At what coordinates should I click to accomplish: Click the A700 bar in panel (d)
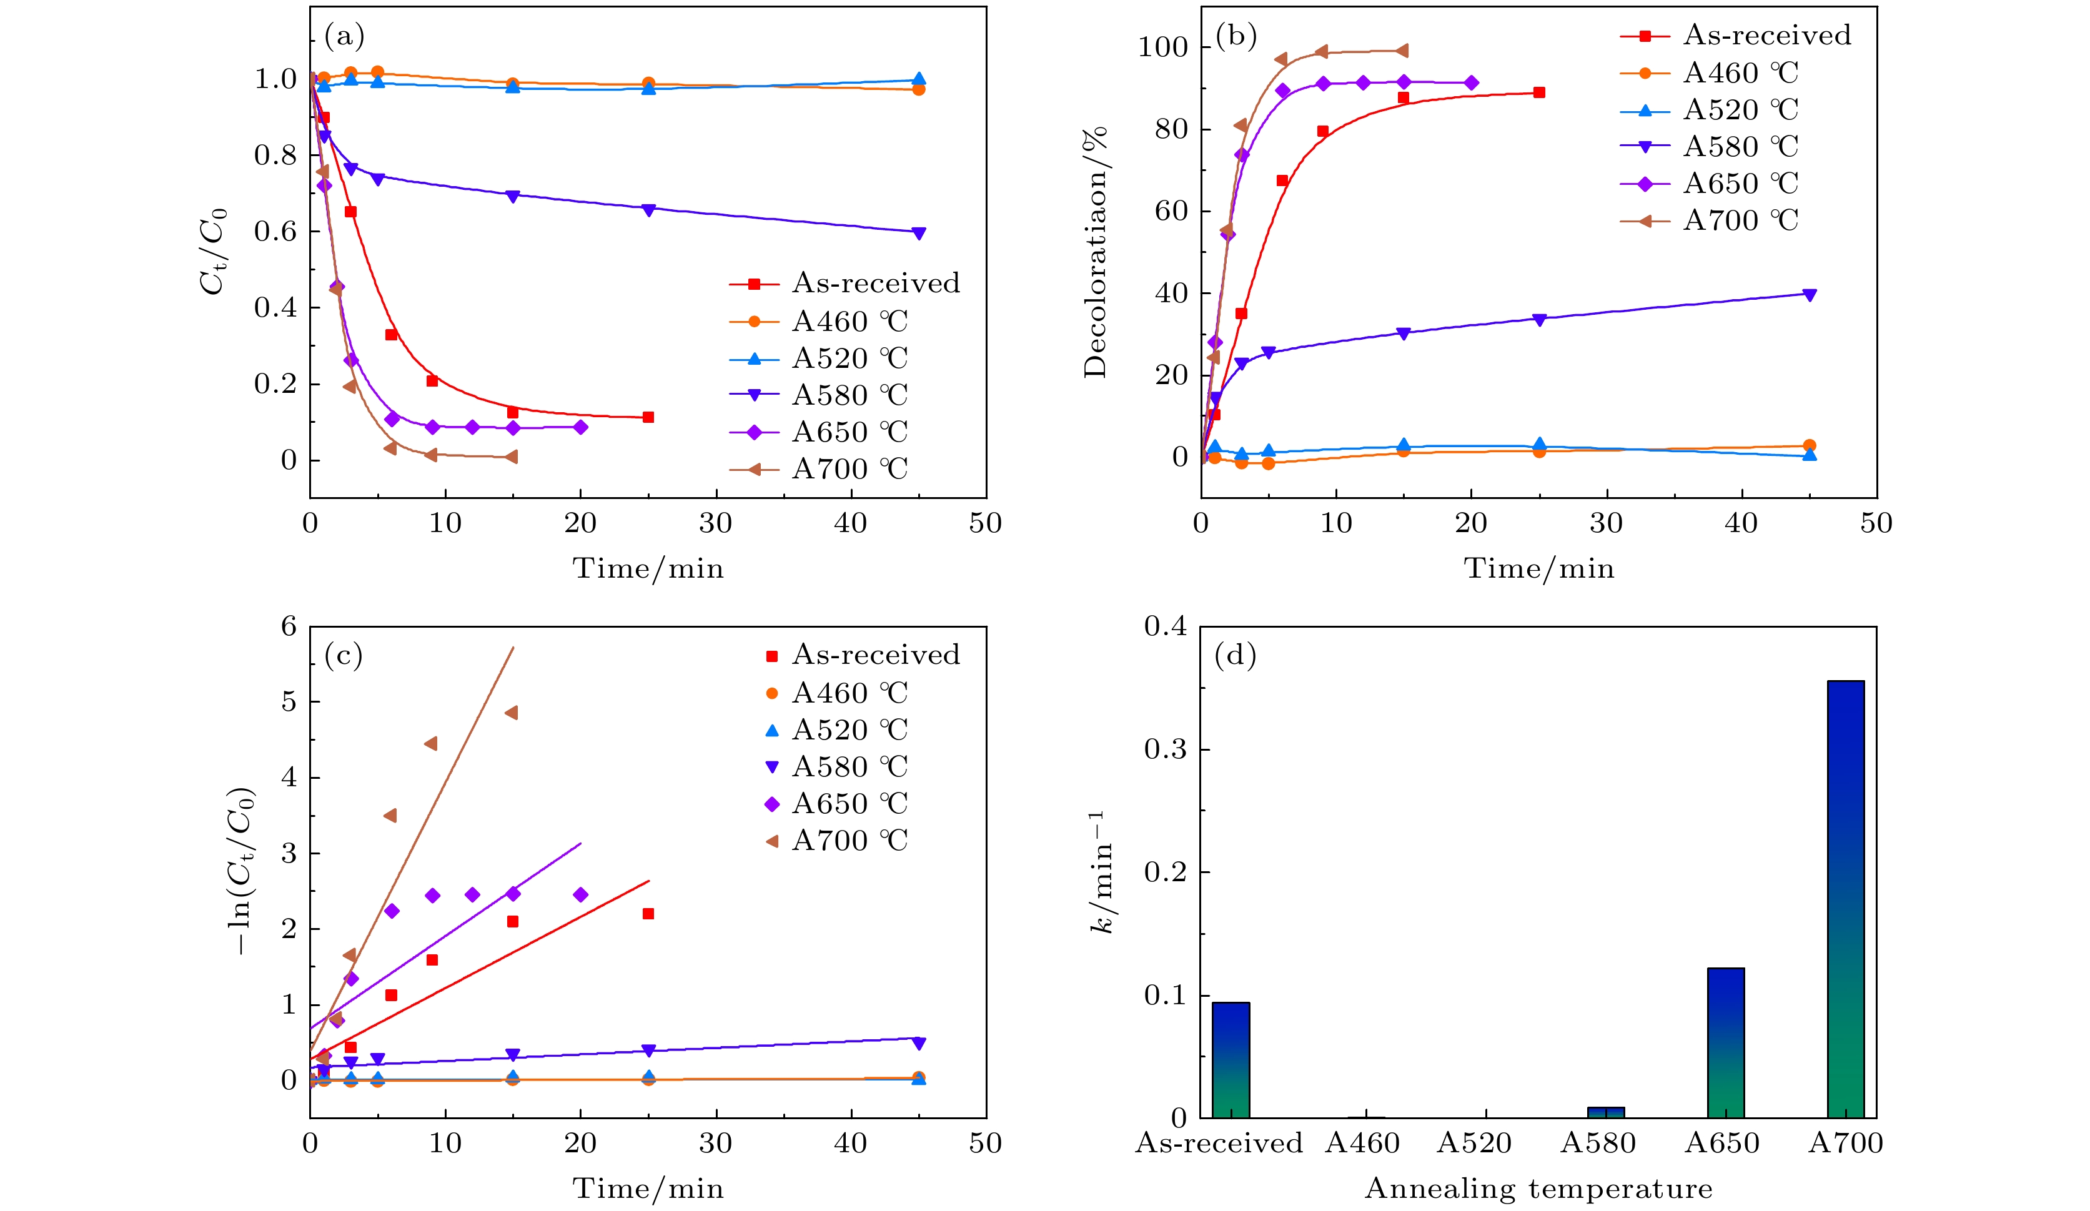click(x=1845, y=899)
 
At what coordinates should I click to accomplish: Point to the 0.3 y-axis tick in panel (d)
click(x=1166, y=749)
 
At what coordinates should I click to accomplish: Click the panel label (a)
click(x=344, y=36)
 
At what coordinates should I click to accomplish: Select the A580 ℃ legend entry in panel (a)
click(x=850, y=395)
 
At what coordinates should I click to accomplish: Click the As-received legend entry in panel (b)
click(x=1766, y=35)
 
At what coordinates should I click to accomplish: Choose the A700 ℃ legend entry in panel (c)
click(x=850, y=840)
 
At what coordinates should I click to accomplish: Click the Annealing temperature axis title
click(x=1538, y=1189)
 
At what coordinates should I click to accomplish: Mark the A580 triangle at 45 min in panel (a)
click(x=918, y=233)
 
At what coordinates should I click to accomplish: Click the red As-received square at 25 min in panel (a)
click(x=648, y=417)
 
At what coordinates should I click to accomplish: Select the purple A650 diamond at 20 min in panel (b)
click(x=1471, y=83)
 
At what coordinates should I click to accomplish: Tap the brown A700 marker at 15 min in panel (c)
click(x=512, y=713)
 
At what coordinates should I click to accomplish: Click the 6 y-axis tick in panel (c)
click(x=289, y=626)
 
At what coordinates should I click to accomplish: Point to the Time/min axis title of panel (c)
click(x=648, y=1189)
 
